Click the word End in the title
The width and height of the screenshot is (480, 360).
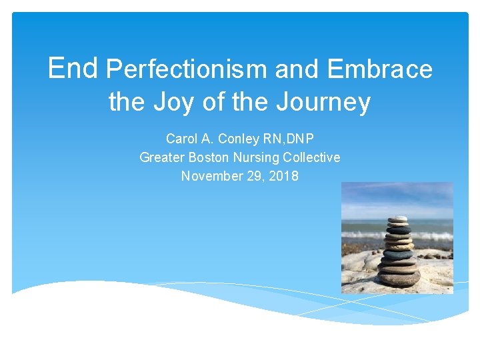[x=73, y=67]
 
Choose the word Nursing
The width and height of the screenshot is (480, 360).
[x=258, y=157]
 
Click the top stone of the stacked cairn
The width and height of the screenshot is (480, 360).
[x=398, y=219]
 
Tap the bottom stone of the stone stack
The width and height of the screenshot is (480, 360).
[x=399, y=279]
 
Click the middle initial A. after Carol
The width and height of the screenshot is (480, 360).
[x=207, y=139]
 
